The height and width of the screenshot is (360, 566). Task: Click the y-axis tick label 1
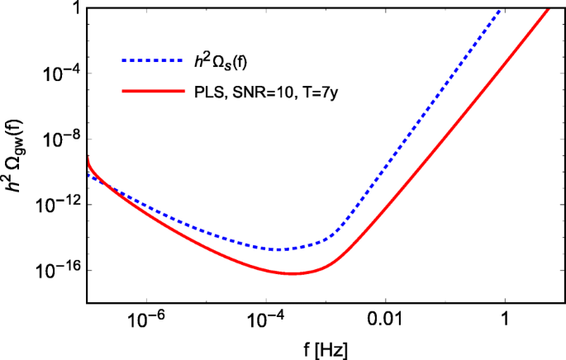point(73,8)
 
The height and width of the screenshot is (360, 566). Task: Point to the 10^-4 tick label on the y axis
point(60,72)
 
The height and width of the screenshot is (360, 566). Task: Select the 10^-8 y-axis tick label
point(60,138)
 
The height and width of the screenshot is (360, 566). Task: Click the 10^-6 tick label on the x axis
point(146,318)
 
